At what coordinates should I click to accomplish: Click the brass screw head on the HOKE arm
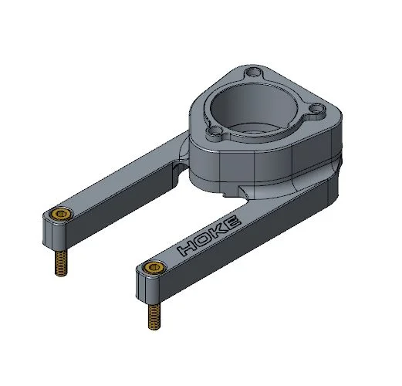[x=151, y=269]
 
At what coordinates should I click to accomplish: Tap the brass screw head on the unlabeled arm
[x=60, y=214]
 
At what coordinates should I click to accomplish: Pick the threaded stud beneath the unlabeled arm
[x=59, y=263]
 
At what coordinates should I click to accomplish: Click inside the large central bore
[x=255, y=104]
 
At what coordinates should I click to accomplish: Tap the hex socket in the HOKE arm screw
[x=151, y=269]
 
